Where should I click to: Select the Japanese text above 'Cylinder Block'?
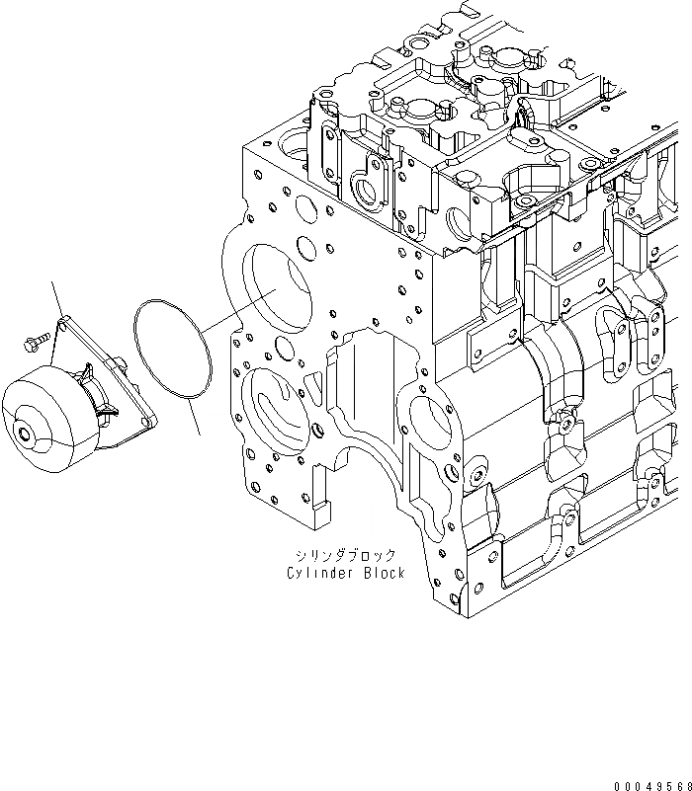pyautogui.click(x=349, y=555)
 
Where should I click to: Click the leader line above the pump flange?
pyautogui.click(x=56, y=297)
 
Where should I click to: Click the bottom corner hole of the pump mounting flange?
pyautogui.click(x=148, y=423)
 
